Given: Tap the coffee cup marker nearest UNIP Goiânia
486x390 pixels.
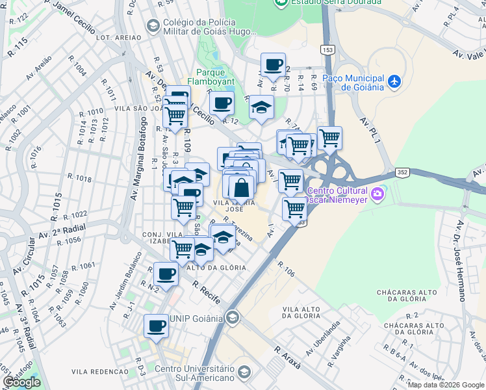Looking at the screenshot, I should [156, 326].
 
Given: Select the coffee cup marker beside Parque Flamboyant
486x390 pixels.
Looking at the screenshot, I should [222, 103].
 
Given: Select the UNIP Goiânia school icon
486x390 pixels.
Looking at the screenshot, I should [232, 318].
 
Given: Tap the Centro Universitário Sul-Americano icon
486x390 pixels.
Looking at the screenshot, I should [244, 371].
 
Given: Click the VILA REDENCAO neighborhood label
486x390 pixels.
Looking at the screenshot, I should [97, 371].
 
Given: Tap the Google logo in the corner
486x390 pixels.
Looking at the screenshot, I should [21, 382].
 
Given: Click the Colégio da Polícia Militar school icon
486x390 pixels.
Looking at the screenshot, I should [153, 26].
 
